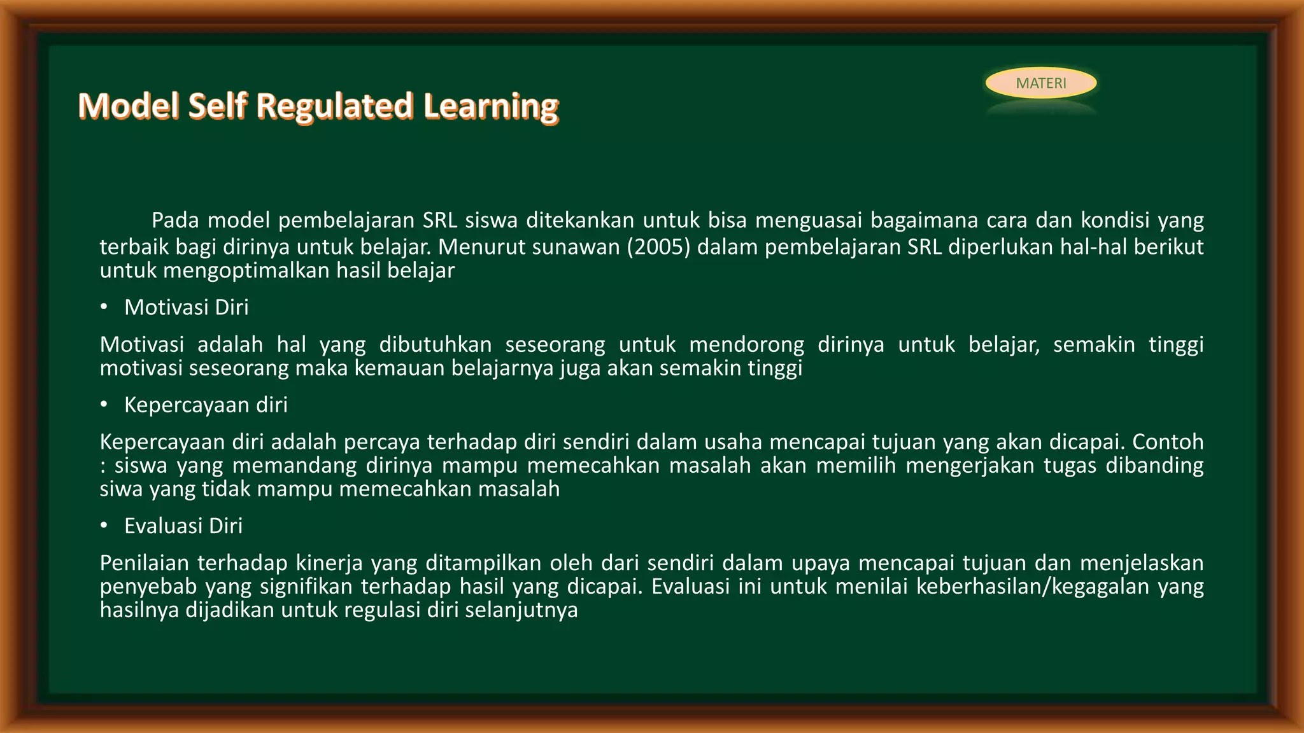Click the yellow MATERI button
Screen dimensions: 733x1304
pyautogui.click(x=1040, y=83)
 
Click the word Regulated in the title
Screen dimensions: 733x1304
pyautogui.click(x=334, y=106)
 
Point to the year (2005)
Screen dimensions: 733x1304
pyautogui.click(x=658, y=247)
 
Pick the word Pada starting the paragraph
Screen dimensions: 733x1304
pyautogui.click(x=175, y=221)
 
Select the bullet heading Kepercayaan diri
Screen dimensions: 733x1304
pyautogui.click(x=206, y=405)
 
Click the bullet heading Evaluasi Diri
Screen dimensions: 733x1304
pyautogui.click(x=183, y=526)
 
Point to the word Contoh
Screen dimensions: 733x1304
pyautogui.click(x=1168, y=442)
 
